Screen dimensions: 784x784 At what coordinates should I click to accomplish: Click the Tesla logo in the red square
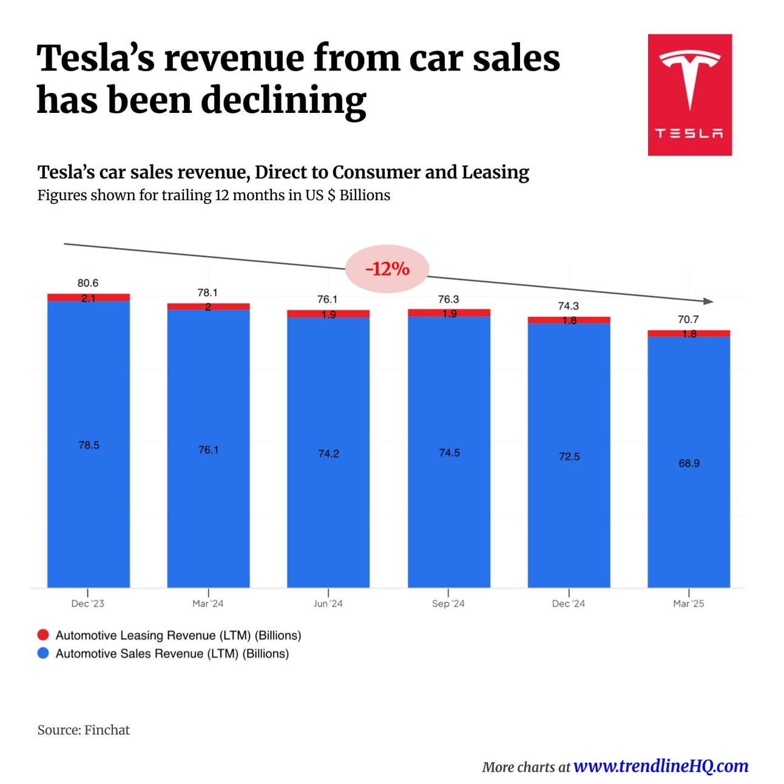[689, 94]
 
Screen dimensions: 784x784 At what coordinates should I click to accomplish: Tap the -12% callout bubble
[387, 268]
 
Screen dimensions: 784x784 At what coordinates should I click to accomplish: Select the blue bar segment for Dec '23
[89, 444]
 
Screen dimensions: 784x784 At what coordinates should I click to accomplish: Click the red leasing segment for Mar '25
[689, 334]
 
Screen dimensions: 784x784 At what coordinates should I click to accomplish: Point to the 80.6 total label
[88, 283]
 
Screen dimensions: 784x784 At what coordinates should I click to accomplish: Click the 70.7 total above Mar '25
[688, 319]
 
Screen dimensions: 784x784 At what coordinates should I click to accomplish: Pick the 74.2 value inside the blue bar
[328, 453]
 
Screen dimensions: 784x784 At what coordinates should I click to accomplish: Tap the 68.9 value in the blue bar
[689, 463]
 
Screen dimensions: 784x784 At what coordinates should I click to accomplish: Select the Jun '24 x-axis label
[328, 603]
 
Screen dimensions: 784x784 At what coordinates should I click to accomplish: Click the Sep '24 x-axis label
[448, 603]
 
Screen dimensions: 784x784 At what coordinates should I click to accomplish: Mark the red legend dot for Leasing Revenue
[43, 635]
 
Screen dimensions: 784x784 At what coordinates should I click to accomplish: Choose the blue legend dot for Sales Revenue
[43, 654]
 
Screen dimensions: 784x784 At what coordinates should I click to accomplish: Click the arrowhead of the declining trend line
[708, 301]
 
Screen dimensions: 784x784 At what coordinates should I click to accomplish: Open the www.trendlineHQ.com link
[660, 766]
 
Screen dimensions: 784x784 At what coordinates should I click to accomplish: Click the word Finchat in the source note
[107, 729]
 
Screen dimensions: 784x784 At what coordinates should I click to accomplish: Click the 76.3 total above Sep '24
[448, 299]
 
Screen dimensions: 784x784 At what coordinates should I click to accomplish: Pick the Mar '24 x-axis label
[208, 603]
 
